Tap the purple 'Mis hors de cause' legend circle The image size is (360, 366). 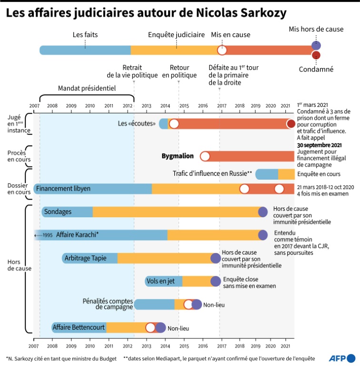pyautogui.click(x=315, y=46)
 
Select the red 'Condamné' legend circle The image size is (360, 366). pyautogui.click(x=315, y=55)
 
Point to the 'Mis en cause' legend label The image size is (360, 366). pyautogui.click(x=230, y=35)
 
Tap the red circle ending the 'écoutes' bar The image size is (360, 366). pyautogui.click(x=291, y=124)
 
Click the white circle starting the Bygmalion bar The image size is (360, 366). pyautogui.click(x=205, y=156)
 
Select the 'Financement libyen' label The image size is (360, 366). pyautogui.click(x=63, y=189)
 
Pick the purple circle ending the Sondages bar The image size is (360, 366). pyautogui.click(x=262, y=212)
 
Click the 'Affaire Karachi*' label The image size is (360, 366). pyautogui.click(x=77, y=234)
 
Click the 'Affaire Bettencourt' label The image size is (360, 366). pyautogui.click(x=78, y=327)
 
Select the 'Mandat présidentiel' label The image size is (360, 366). pyautogui.click(x=87, y=88)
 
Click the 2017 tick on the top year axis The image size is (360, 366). pyautogui.click(x=221, y=105)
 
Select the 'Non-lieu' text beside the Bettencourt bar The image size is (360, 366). pyautogui.click(x=176, y=328)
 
